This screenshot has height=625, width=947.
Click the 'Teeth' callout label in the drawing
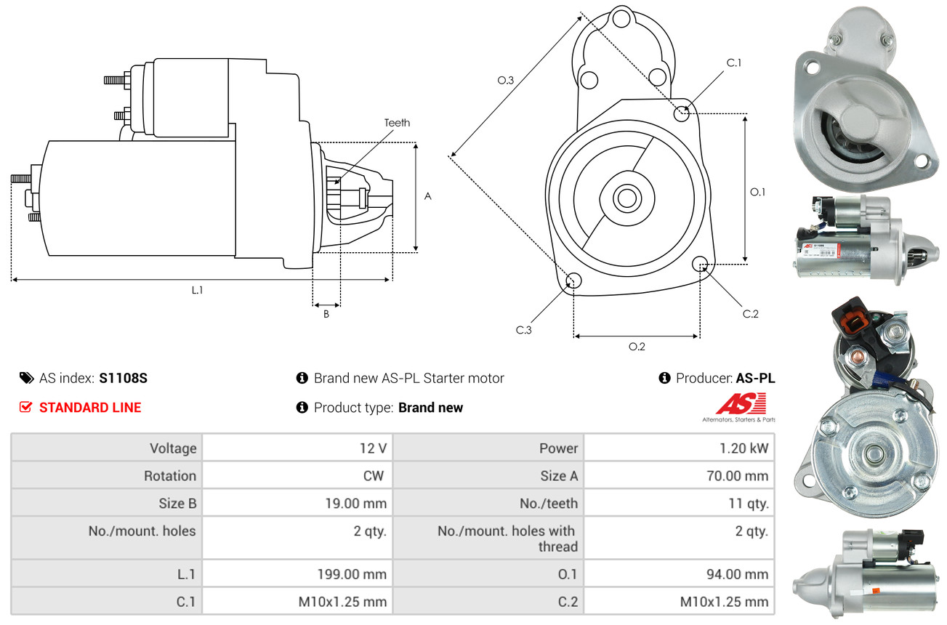(397, 123)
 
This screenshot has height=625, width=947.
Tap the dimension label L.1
(197, 290)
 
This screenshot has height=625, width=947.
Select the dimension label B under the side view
(326, 314)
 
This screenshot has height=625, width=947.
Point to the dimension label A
(428, 196)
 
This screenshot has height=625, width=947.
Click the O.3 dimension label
(506, 81)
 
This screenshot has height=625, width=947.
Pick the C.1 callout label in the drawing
(734, 62)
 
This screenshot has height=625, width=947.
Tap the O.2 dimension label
(637, 347)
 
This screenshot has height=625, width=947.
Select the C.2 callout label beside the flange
(750, 314)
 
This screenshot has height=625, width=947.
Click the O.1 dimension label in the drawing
(757, 192)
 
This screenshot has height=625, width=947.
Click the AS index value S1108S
(124, 378)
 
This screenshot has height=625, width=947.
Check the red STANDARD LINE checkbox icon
(26, 408)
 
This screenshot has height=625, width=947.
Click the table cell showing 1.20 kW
(739, 448)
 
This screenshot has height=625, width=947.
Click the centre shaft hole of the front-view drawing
(624, 197)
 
